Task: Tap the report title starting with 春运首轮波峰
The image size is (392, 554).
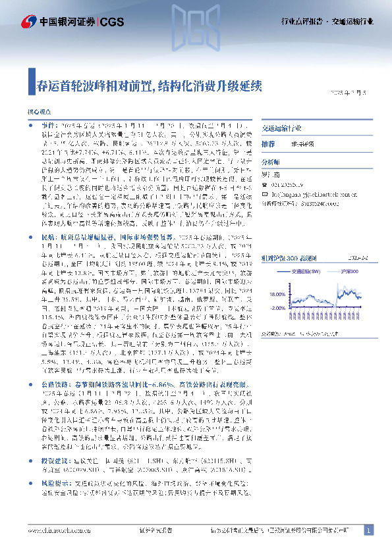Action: pyautogui.click(x=150, y=86)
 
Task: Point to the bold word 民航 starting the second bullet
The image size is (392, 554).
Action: pyautogui.click(x=49, y=235)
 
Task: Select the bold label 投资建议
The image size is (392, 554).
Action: pyautogui.click(x=55, y=472)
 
